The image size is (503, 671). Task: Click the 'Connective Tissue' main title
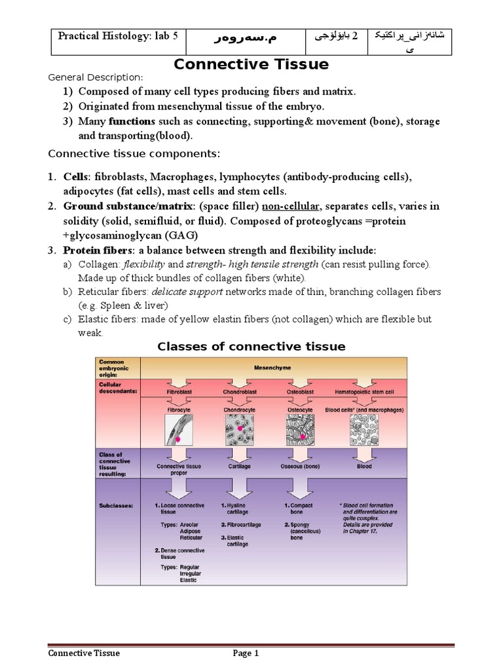pyautogui.click(x=251, y=64)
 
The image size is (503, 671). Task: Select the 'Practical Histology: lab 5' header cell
pyautogui.click(x=118, y=37)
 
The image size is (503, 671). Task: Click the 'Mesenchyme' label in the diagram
pyautogui.click(x=274, y=368)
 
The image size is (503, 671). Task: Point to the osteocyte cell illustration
pyautogui.click(x=300, y=432)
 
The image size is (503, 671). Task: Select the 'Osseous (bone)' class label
pyautogui.click(x=300, y=467)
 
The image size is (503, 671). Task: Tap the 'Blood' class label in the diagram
pyautogui.click(x=364, y=467)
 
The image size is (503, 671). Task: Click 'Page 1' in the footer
pyautogui.click(x=247, y=653)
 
